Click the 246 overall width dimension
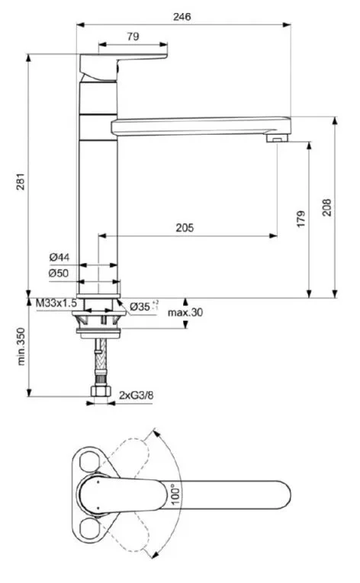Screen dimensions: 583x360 (182, 15)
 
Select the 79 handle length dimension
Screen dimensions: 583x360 (132, 36)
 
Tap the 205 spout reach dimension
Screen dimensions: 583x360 (184, 227)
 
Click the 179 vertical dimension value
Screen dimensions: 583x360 (300, 219)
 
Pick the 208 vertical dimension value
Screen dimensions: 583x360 (326, 207)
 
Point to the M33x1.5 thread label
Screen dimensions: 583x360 (56, 303)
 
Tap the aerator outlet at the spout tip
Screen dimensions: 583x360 (276, 139)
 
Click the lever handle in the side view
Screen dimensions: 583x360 (126, 63)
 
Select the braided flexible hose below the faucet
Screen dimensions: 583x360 (98, 358)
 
